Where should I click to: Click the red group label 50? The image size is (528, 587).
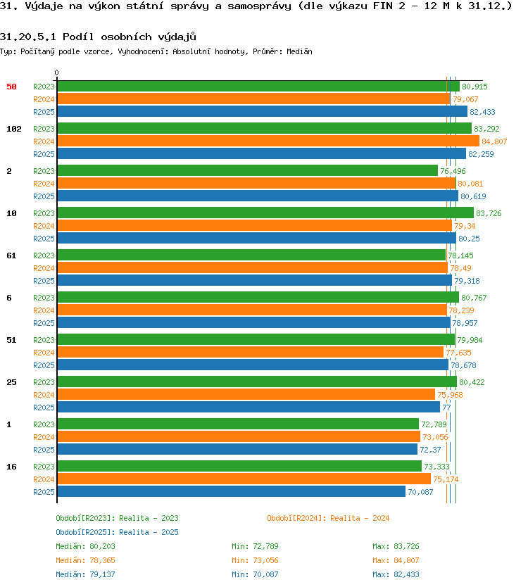[11, 87]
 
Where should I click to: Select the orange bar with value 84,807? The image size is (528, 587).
[268, 141]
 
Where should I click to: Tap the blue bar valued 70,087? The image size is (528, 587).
[231, 491]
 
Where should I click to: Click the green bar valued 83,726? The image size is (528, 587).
[265, 213]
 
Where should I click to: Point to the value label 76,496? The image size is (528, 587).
[453, 171]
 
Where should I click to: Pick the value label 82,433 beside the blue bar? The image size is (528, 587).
[482, 112]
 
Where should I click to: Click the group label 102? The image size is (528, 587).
[14, 129]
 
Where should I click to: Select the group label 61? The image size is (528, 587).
[11, 255]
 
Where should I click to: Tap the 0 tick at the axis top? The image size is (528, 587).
[56, 72]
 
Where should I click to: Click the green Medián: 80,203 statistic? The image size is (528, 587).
[85, 546]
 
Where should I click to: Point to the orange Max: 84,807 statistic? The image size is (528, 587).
[396, 560]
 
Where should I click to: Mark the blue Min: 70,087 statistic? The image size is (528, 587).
[255, 574]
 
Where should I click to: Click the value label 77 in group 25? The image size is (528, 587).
[446, 408]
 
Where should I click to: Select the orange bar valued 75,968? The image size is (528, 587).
[246, 394]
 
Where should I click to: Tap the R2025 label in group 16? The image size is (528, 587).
[44, 492]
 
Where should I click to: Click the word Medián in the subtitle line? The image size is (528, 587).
[299, 51]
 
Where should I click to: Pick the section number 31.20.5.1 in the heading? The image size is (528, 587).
[28, 37]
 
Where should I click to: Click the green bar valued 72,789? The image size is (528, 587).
[238, 424]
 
